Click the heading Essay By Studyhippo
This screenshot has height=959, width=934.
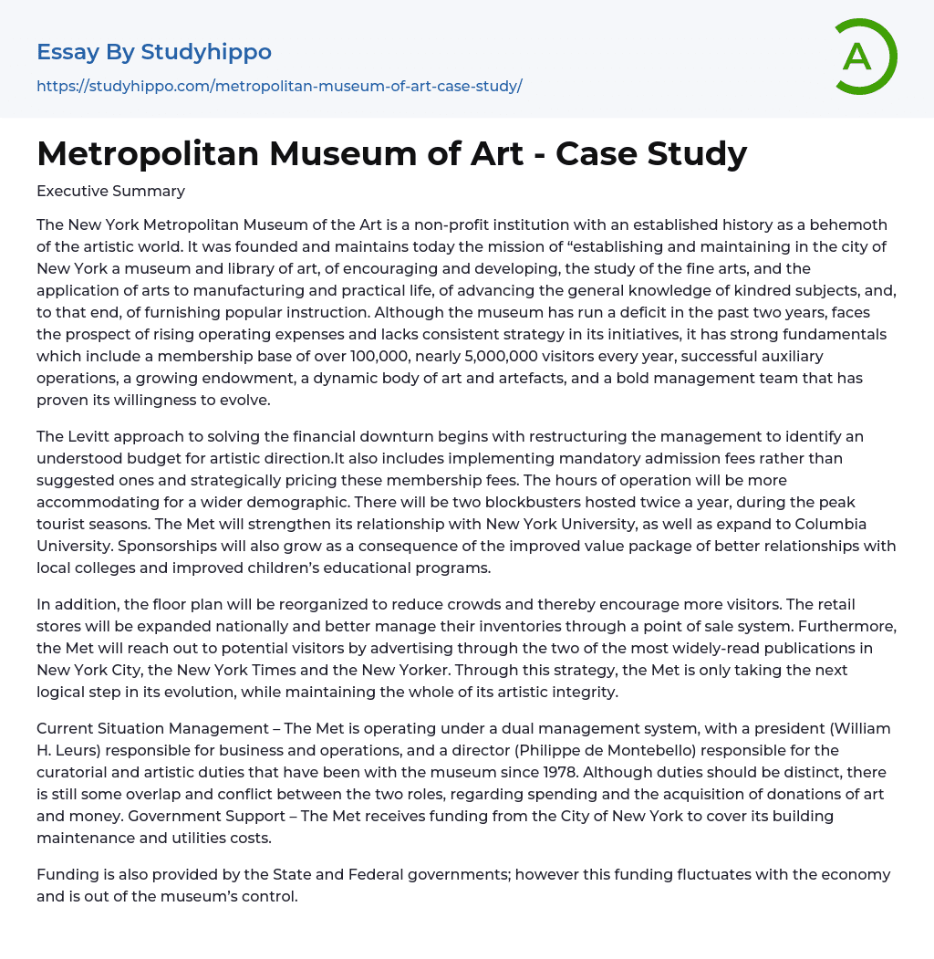[x=154, y=52]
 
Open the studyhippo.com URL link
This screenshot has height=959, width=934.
[x=279, y=86]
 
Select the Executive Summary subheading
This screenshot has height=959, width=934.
[x=110, y=191]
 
